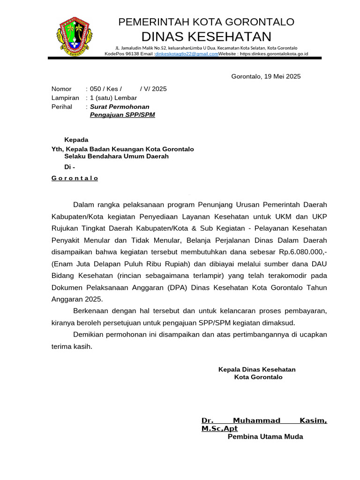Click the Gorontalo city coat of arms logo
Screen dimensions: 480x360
pyautogui.click(x=75, y=37)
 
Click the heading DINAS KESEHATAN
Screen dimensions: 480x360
pyautogui.click(x=206, y=37)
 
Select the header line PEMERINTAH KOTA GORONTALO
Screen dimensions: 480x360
pyautogui.click(x=206, y=22)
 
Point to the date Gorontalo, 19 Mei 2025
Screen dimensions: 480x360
pyautogui.click(x=266, y=76)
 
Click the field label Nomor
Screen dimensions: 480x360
pyautogui.click(x=61, y=89)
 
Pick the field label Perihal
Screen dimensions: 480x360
pyautogui.click(x=62, y=106)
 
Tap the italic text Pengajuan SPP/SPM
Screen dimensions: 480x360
pyautogui.click(x=122, y=115)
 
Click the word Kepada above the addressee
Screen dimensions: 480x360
pyautogui.click(x=76, y=140)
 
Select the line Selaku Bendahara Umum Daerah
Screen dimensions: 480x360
pyautogui.click(x=116, y=157)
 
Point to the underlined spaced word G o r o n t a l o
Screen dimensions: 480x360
pyautogui.click(x=75, y=179)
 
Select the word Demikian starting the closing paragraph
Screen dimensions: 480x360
pyautogui.click(x=91, y=334)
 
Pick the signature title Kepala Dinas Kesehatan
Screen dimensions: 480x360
pyautogui.click(x=257, y=369)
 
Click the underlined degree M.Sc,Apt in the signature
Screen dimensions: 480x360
pyautogui.click(x=219, y=429)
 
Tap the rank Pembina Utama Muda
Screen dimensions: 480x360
pyautogui.click(x=265, y=437)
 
